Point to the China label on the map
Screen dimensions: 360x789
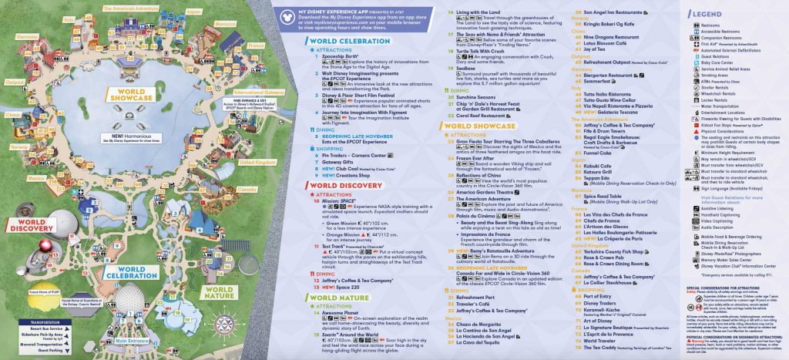(12, 113)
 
